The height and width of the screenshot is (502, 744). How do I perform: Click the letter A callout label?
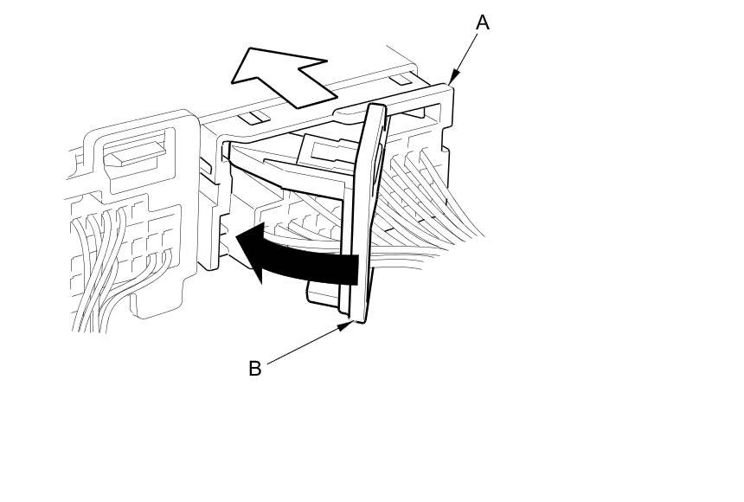(x=483, y=23)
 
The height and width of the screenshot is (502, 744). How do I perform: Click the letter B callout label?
(x=254, y=369)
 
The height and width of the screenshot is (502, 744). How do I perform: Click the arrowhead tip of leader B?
(x=352, y=323)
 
